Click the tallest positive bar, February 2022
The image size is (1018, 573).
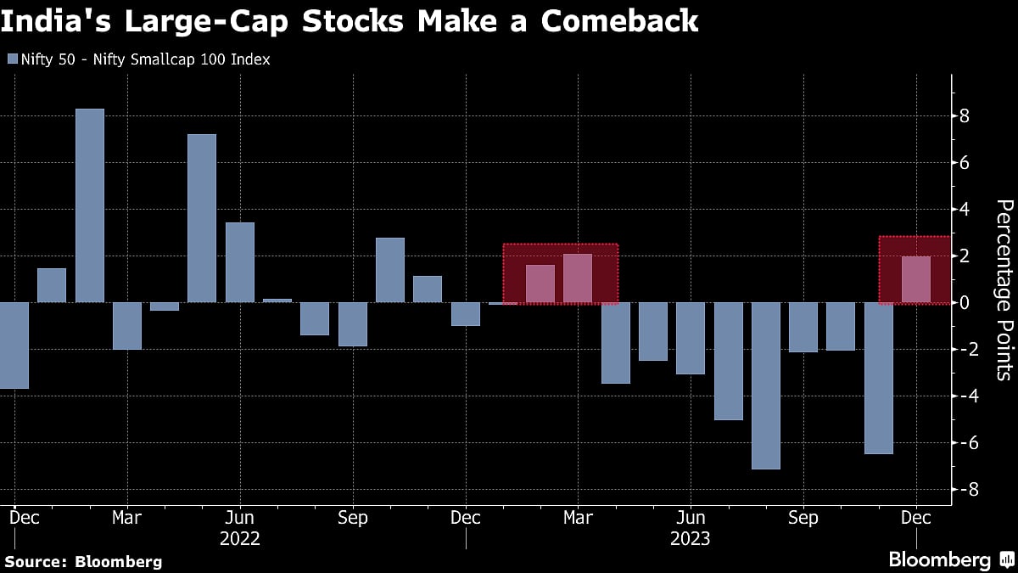pyautogui.click(x=90, y=205)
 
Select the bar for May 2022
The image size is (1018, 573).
pyautogui.click(x=202, y=218)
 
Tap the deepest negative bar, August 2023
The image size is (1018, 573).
pyautogui.click(x=766, y=385)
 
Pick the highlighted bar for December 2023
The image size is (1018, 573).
pyautogui.click(x=915, y=279)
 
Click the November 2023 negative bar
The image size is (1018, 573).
pyautogui.click(x=878, y=378)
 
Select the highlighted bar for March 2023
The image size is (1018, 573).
pyautogui.click(x=578, y=278)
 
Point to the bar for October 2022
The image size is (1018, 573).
pyautogui.click(x=390, y=270)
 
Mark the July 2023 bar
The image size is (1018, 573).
pyautogui.click(x=728, y=361)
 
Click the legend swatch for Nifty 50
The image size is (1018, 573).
pyautogui.click(x=11, y=59)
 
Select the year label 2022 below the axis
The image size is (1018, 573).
pyautogui.click(x=239, y=538)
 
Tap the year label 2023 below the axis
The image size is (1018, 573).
pyautogui.click(x=690, y=538)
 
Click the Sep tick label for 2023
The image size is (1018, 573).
pyautogui.click(x=803, y=517)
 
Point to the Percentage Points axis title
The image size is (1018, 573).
pyautogui.click(x=1003, y=289)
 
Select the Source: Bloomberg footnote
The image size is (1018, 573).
pyautogui.click(x=82, y=561)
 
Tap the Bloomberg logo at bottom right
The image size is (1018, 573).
pyautogui.click(x=950, y=559)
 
